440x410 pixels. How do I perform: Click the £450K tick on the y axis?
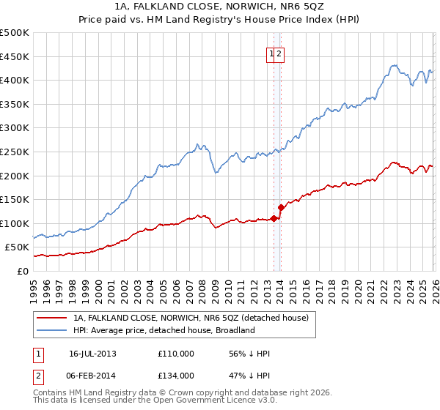point(15,56)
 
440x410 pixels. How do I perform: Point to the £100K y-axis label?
point(15,223)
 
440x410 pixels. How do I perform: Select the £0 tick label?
point(23,272)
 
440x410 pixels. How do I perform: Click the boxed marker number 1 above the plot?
point(272,53)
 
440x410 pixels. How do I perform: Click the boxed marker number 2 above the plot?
point(280,53)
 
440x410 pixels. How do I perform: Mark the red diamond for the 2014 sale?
point(281,207)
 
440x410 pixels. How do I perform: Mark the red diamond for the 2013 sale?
point(274,218)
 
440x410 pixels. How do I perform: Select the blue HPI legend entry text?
point(163,330)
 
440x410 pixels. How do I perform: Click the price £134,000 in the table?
point(175,376)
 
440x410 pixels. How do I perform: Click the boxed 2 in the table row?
point(38,376)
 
